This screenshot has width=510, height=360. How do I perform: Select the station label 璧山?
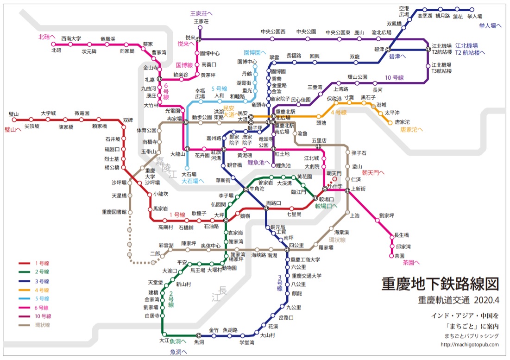click(x=13, y=114)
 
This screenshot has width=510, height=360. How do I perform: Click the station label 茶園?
click(x=400, y=255)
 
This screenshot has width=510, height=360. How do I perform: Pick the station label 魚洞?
click(x=199, y=342)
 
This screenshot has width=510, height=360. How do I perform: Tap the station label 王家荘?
click(x=201, y=21)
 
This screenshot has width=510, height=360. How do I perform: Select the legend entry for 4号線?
click(x=42, y=290)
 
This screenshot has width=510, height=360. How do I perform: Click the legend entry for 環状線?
click(x=42, y=325)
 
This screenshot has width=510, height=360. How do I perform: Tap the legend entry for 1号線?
click(x=42, y=263)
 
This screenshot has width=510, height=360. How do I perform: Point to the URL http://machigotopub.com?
click(x=469, y=344)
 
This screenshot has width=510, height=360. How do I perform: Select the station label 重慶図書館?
click(x=114, y=212)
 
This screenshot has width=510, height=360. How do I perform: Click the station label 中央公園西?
click(x=273, y=32)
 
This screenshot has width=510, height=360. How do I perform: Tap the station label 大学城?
click(x=48, y=113)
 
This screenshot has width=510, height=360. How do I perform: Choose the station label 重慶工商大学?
click(x=305, y=259)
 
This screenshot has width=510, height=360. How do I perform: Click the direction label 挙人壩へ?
click(x=490, y=26)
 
